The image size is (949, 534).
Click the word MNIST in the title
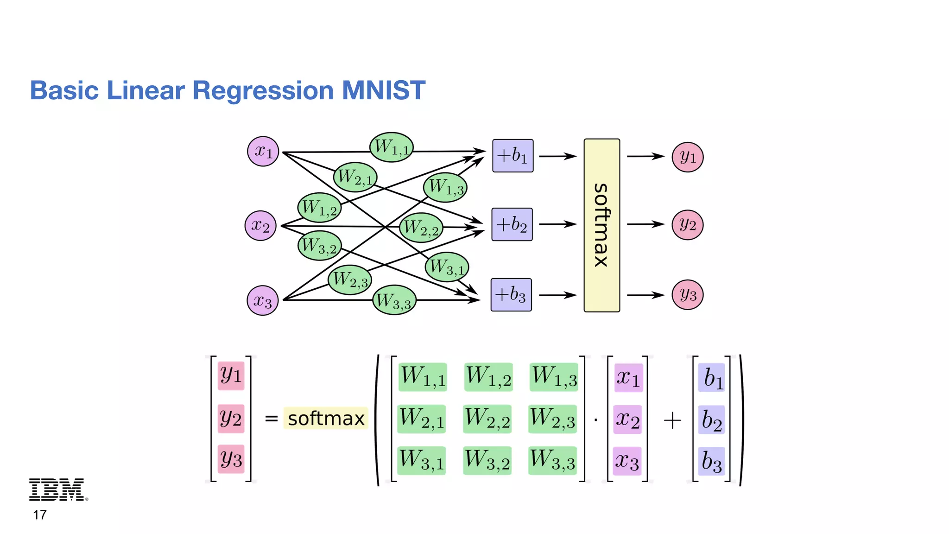tap(383, 90)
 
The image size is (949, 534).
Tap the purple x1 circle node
tap(263, 151)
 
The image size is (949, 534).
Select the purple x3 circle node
tap(263, 300)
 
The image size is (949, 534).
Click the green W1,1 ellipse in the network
tap(392, 147)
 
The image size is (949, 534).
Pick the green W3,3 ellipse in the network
tap(394, 301)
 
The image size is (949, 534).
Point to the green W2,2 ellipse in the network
tap(421, 228)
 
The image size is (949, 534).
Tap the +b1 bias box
tap(512, 156)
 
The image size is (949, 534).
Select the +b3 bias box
tap(511, 295)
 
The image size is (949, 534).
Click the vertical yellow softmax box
tap(601, 225)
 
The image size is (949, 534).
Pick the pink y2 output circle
tap(688, 225)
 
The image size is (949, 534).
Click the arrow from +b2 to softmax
tap(557, 224)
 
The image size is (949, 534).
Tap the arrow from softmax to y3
tap(645, 295)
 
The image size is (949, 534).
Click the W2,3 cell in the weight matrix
tap(552, 419)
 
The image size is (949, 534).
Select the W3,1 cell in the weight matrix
tap(422, 460)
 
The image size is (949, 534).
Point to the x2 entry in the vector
tap(627, 420)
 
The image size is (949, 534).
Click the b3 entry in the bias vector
tap(711, 461)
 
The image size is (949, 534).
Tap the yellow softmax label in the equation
tap(326, 419)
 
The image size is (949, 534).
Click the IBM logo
tap(57, 489)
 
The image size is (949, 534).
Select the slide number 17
tap(40, 515)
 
